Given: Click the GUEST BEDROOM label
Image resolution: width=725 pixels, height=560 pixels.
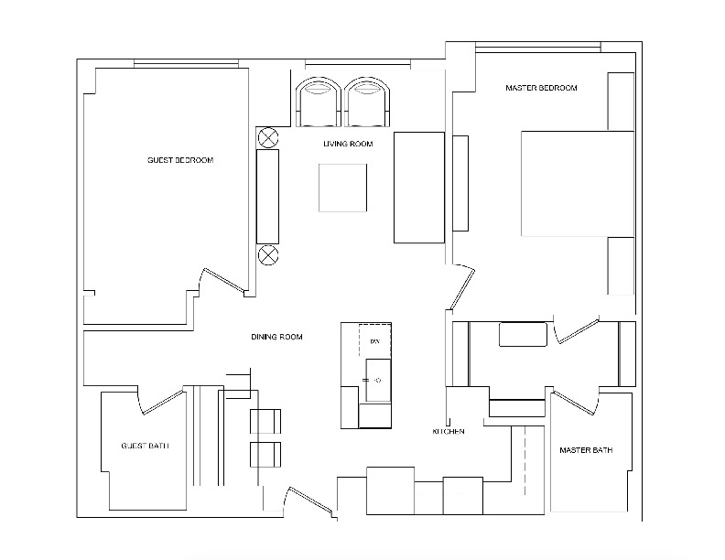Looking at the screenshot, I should [180, 160].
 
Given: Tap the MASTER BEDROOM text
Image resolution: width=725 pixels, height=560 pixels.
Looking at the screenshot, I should [541, 88].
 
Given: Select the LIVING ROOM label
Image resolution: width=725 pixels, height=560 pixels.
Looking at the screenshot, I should [347, 145].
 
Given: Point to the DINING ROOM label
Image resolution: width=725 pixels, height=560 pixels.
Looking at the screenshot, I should [276, 338].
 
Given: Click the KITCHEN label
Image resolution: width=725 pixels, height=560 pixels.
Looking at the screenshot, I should [449, 431].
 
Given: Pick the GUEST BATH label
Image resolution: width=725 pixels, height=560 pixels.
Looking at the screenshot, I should [145, 447].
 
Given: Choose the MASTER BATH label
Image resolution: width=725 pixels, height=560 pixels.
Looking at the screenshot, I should [586, 450].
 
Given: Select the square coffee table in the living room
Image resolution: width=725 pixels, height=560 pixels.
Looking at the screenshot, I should [343, 188].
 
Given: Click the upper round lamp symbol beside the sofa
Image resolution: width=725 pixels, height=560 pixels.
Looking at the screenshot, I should [267, 137].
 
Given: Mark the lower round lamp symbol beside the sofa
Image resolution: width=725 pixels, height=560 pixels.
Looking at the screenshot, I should [267, 254].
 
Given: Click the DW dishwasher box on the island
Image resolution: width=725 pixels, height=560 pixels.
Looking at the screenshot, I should [374, 341].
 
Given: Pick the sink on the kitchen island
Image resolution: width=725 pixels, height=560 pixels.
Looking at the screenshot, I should [376, 380].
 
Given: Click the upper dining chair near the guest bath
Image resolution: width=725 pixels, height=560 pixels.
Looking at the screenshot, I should [265, 421].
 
